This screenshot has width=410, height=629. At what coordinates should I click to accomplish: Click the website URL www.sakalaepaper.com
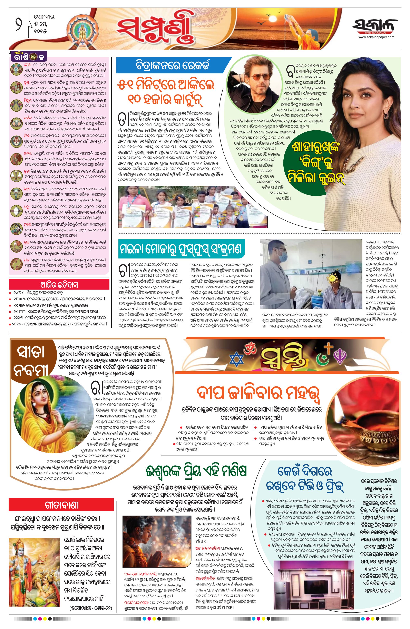(376, 37)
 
